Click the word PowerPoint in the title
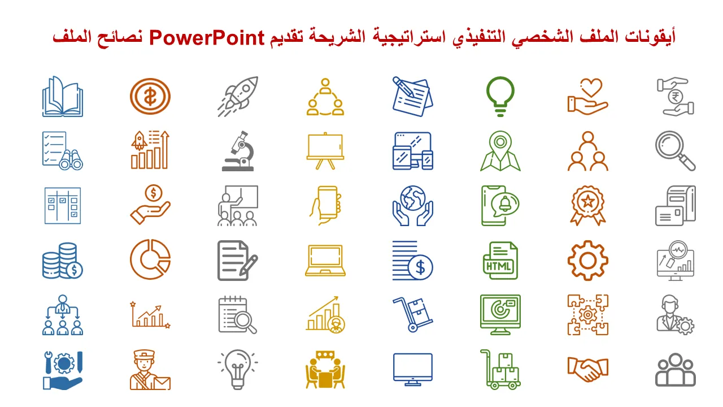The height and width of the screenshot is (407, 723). pos(207,37)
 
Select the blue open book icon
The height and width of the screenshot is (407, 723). pos(63,96)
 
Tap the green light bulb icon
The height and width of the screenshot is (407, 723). pos(500,96)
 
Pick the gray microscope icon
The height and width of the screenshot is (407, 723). pos(238,151)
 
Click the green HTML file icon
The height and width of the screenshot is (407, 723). pos(500,261)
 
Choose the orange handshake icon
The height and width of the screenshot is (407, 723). pos(588,370)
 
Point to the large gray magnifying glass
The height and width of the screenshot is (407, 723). pos(676,151)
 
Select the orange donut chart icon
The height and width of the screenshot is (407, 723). pos(150,259)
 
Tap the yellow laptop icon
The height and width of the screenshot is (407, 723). pos(325,261)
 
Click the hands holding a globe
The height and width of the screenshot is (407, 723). pos(413,205)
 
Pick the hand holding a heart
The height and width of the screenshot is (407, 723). pos(588,96)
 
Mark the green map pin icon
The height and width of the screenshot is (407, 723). pos(500,151)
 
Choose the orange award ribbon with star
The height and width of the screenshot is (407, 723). pos(588,205)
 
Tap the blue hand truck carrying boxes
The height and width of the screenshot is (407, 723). pos(413,315)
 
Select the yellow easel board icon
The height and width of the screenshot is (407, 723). pos(325,151)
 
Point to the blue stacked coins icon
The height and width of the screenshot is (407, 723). pos(63,261)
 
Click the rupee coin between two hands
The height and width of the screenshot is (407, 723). pos(675,97)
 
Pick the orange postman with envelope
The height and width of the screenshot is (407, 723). pos(150,370)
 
